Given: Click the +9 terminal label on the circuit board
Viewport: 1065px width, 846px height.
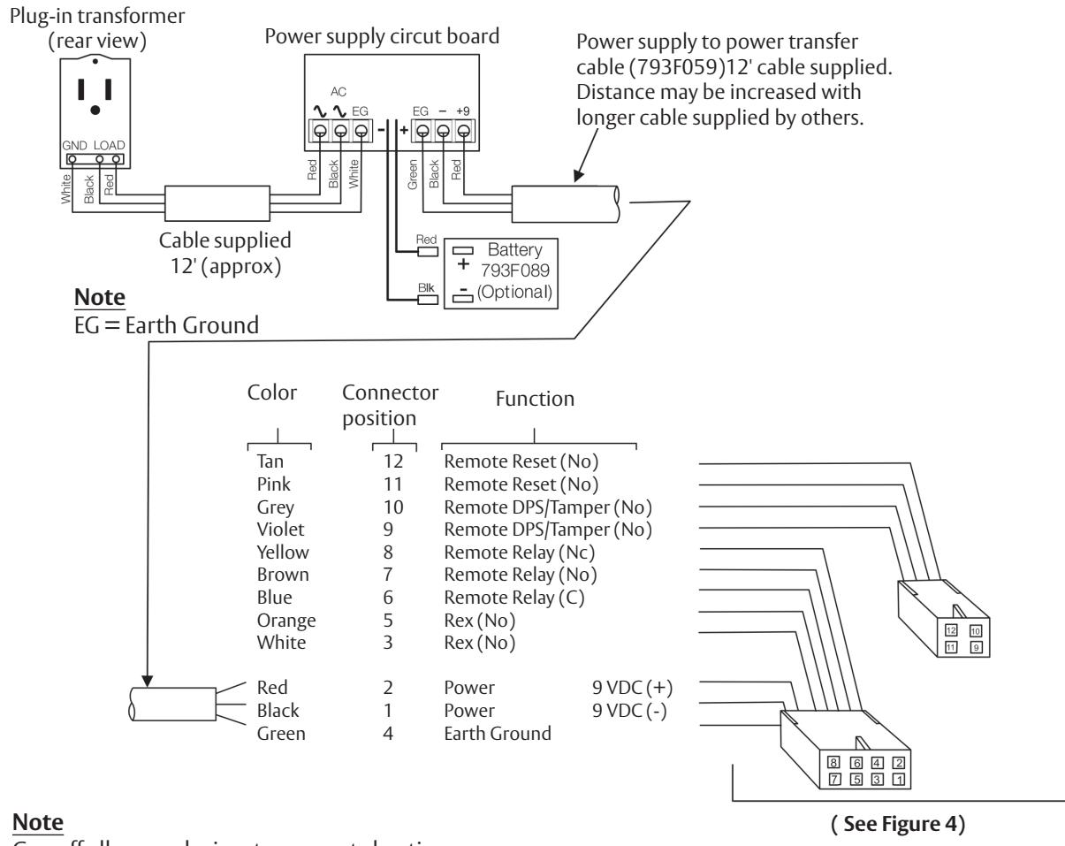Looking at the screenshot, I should [x=462, y=111].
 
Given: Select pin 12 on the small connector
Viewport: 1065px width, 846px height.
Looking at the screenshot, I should [x=951, y=630].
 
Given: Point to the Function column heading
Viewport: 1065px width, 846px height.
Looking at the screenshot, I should [x=537, y=400].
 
